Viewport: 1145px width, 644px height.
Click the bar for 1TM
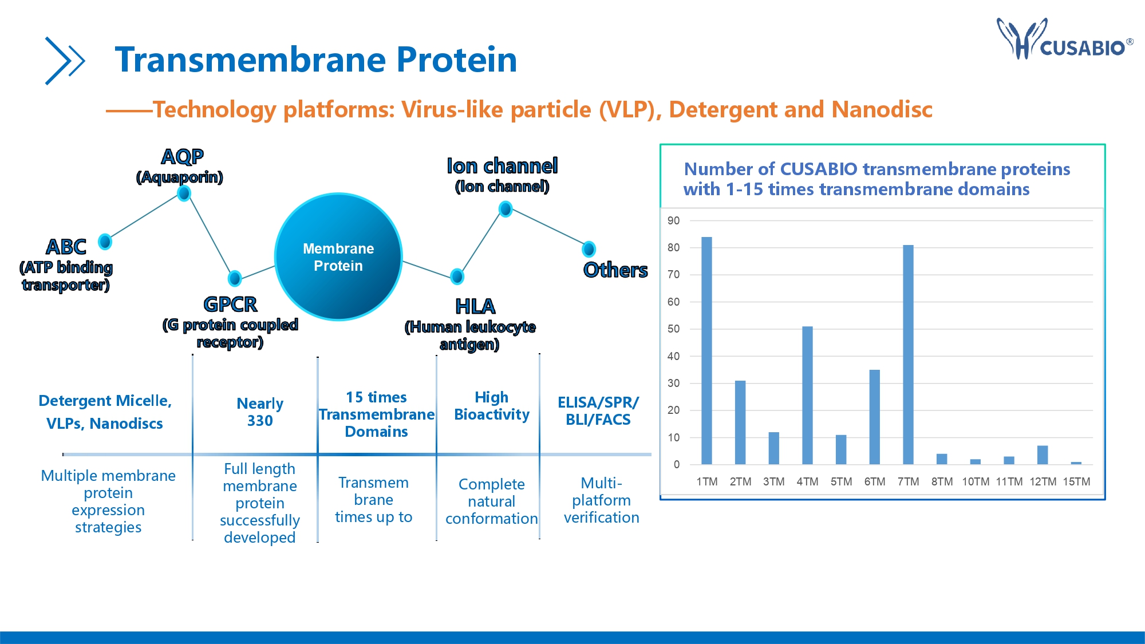706,350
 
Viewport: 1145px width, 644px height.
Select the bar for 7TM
908,354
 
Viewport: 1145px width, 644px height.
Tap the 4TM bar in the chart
807,395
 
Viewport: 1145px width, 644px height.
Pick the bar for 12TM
1043,455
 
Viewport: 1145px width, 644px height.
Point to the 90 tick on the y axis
674,220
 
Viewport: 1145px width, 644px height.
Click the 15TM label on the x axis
1076,481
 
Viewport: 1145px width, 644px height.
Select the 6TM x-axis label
875,481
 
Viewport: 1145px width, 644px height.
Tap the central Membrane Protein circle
338,256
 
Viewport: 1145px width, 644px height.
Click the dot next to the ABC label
105,242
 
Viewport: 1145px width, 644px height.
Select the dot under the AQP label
184,193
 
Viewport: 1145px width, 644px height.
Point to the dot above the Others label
589,249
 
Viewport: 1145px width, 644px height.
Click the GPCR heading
230,304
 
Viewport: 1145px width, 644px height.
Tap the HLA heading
475,306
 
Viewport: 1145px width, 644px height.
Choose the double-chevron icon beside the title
65,61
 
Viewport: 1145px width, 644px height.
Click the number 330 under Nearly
260,421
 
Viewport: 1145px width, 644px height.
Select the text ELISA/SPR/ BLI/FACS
598,411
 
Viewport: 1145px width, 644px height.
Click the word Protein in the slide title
456,60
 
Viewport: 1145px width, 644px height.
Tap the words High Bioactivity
492,406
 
